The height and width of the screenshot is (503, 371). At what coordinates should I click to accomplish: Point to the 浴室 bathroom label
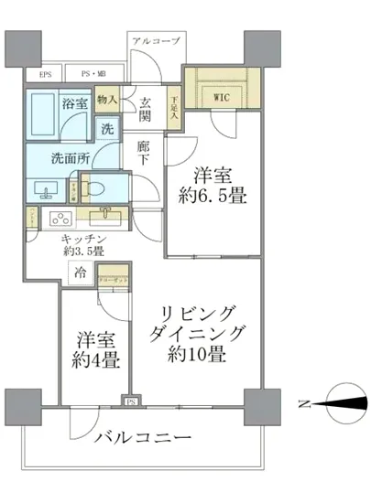pos(74,103)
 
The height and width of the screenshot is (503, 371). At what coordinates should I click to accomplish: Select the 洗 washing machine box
pos(107,129)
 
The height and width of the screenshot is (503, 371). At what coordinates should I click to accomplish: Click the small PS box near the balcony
pos(130,400)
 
